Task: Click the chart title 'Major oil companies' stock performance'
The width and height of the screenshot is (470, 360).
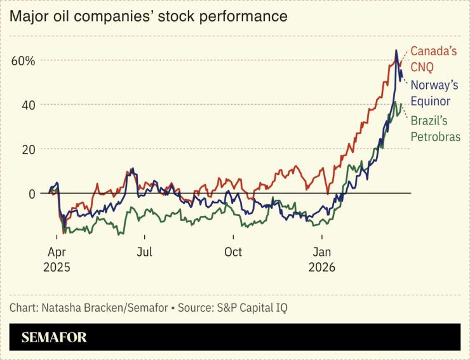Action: click(x=148, y=16)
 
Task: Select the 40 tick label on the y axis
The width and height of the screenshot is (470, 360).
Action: click(x=27, y=105)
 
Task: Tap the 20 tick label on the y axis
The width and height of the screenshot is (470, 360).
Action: click(x=27, y=149)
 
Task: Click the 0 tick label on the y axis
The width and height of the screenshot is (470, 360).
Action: click(x=31, y=193)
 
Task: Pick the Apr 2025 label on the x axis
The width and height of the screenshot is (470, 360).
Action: click(x=57, y=259)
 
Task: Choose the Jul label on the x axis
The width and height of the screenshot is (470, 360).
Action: click(x=144, y=252)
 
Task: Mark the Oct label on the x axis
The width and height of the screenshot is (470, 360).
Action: click(x=233, y=252)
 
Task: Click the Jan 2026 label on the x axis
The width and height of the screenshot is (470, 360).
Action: click(x=322, y=259)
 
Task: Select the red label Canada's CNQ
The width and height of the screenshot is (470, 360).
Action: click(x=433, y=59)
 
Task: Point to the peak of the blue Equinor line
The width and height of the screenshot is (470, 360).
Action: click(x=396, y=50)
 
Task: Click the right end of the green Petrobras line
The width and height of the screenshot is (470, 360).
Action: click(x=401, y=105)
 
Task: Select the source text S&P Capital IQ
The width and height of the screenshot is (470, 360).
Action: click(x=252, y=308)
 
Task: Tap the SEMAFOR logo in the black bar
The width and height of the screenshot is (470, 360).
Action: click(x=54, y=337)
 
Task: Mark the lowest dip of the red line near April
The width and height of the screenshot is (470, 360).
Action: click(x=64, y=233)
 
